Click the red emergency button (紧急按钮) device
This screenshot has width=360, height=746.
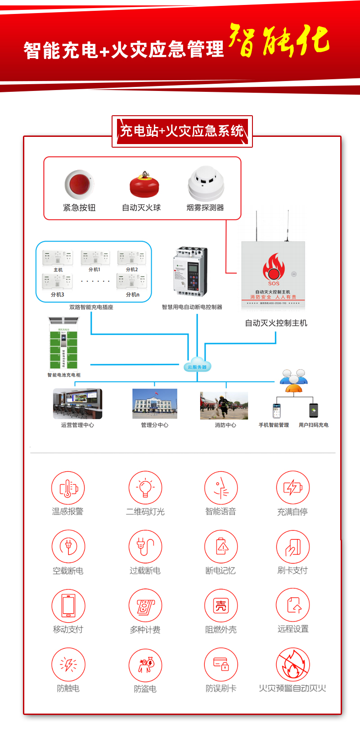[x=79, y=184]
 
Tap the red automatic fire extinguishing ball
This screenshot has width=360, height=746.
[x=144, y=185]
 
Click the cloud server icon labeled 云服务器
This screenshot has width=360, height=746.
[x=197, y=365]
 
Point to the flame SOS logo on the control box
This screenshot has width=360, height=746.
[x=274, y=267]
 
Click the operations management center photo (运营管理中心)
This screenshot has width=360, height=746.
[x=77, y=404]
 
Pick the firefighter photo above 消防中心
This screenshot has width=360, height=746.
[x=224, y=405]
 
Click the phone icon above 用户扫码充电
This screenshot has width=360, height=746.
[x=314, y=410]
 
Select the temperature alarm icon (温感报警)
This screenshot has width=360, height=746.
[x=68, y=488]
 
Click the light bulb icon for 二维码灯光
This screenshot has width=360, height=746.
[x=145, y=488]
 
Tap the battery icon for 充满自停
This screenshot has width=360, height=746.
[x=292, y=487]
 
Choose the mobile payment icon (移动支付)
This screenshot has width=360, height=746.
[x=68, y=606]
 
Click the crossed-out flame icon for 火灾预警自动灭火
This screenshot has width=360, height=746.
[x=292, y=665]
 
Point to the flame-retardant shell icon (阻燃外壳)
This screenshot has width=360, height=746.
[x=220, y=606]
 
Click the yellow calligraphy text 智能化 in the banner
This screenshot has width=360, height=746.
[x=279, y=41]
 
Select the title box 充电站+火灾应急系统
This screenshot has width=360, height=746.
[x=182, y=131]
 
